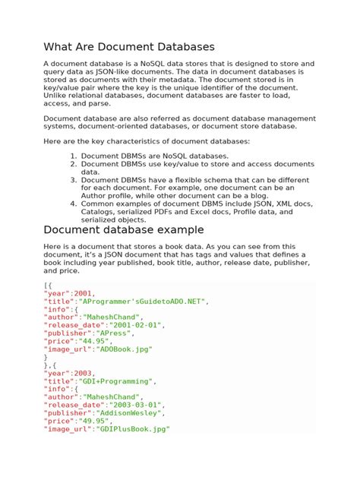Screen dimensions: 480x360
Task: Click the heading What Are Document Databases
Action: [x=129, y=47]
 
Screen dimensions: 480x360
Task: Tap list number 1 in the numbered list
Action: [x=73, y=155]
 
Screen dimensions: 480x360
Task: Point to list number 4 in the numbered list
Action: [x=73, y=204]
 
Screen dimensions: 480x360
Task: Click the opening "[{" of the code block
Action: [x=47, y=284]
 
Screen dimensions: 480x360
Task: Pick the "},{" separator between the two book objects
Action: [x=50, y=365]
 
